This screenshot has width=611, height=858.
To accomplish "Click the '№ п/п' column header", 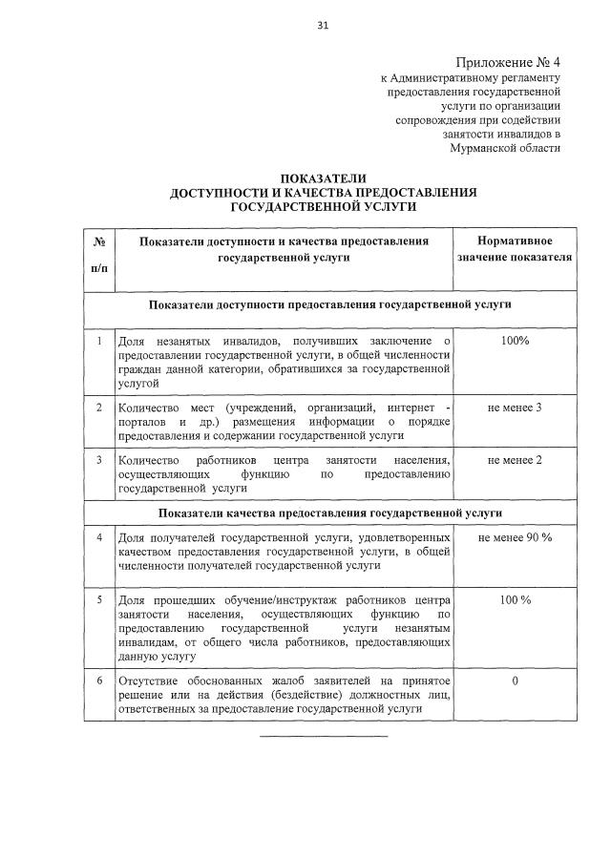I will pos(98,256).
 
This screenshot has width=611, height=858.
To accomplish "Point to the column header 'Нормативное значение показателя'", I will pos(514,249).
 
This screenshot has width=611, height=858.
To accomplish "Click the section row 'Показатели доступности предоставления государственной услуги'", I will pos(328,305).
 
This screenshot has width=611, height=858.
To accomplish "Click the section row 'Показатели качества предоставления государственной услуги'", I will pos(328,513).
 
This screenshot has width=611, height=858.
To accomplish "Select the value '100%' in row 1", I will pos(514,341).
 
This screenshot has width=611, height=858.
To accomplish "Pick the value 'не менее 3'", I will pos(514,408).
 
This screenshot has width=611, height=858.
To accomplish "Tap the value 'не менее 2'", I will pos(514,460).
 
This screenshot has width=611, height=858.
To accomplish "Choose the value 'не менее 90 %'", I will pos(514,538).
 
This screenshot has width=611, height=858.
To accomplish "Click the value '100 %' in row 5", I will pos(514,599).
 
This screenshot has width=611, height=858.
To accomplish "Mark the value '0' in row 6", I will pos(515,681).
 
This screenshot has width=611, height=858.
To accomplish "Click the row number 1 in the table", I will pos(98,341).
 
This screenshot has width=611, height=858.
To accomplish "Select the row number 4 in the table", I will pos(98,538).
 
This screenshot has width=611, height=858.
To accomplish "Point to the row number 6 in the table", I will pos(98,681).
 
